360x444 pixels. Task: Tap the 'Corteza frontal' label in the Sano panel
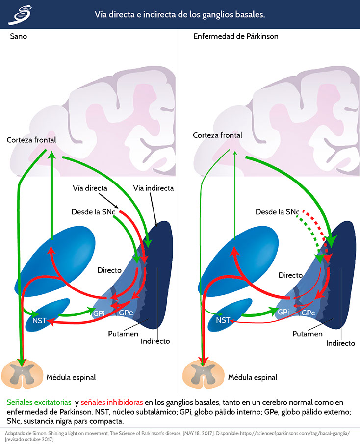pos(31,140)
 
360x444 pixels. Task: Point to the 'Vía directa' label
pos(90,188)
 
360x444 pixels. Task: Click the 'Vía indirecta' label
pos(154,188)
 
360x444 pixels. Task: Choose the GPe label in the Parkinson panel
pos(308,313)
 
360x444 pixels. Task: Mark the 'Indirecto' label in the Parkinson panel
pos(340,343)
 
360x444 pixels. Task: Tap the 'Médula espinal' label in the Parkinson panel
pos(252,377)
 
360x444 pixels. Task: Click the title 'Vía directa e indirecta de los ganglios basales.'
pos(180,15)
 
